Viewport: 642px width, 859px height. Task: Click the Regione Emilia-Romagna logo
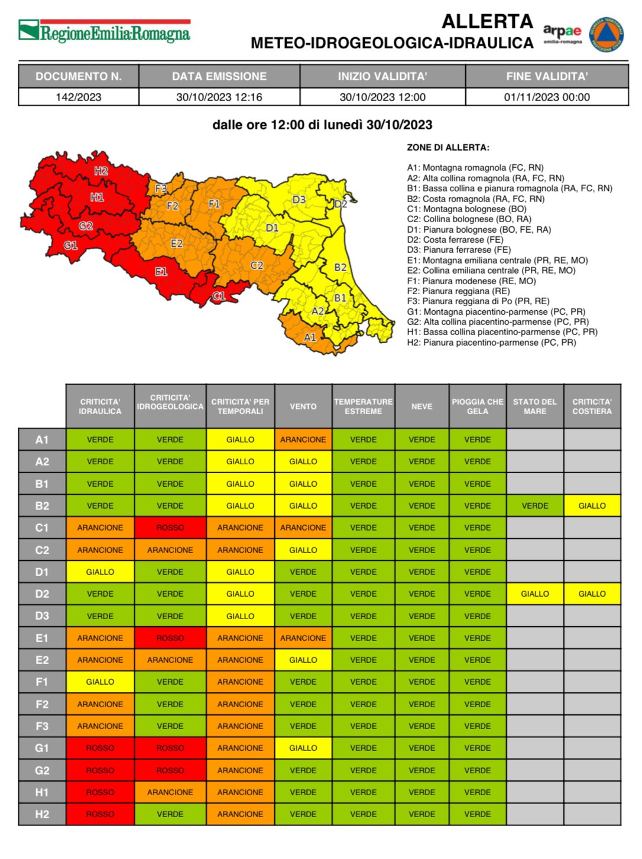105,31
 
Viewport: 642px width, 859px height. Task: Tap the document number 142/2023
79,97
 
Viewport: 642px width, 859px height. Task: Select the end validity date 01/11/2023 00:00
547,97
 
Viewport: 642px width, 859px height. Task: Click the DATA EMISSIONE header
219,76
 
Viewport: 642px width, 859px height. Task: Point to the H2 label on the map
101,171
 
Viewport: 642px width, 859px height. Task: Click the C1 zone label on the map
219,296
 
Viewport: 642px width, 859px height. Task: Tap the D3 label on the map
299,200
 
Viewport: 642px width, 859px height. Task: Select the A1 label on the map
310,337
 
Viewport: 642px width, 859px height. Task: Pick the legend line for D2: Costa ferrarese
455,240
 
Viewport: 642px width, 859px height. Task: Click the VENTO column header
303,406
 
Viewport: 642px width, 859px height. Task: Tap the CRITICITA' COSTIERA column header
592,406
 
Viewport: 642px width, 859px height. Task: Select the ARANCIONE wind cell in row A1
303,440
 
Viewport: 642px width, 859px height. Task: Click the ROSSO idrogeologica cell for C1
170,528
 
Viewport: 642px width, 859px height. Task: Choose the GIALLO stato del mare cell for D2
535,594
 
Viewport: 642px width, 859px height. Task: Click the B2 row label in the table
42,506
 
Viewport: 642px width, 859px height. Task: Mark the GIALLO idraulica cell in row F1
100,682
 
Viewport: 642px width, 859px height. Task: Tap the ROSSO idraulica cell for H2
100,814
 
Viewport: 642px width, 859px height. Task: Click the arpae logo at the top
562,33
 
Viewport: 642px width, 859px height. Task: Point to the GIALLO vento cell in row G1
303,748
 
